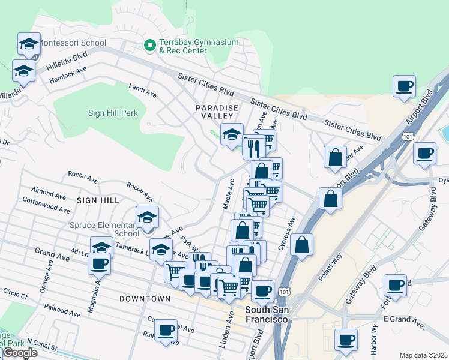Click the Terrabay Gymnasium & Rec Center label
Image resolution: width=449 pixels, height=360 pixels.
pyautogui.click(x=183, y=47)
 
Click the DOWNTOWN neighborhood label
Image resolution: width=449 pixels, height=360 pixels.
pyautogui.click(x=145, y=298)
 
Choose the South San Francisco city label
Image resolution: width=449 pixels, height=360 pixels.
pyautogui.click(x=267, y=314)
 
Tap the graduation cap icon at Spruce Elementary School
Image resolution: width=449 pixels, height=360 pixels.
pyautogui.click(x=146, y=219)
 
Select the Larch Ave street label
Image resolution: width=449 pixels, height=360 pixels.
pyautogui.click(x=142, y=89)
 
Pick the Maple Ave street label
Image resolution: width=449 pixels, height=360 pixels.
pyautogui.click(x=228, y=193)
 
